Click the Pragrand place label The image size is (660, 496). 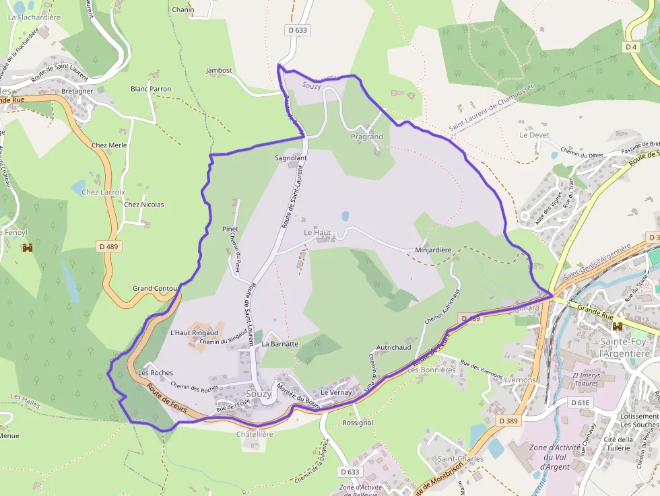coord(366,137)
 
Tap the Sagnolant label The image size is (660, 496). coord(290,158)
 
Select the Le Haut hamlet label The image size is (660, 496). coord(317,232)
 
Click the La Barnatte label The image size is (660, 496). coord(279,343)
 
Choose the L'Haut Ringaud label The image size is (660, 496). coord(194,332)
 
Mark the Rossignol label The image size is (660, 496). coord(358,423)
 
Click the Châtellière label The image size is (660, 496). coord(255,435)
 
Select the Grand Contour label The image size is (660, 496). coord(156,288)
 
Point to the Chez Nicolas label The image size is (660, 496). coord(143,205)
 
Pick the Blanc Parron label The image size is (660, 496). coord(151,89)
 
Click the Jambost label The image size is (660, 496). coord(219,70)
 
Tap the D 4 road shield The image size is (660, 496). coord(630,47)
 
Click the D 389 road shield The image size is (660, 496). coord(510,420)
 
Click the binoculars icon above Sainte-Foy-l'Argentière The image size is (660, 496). coord(617,326)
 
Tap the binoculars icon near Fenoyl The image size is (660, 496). coord(28,248)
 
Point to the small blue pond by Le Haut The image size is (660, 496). coord(345,216)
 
